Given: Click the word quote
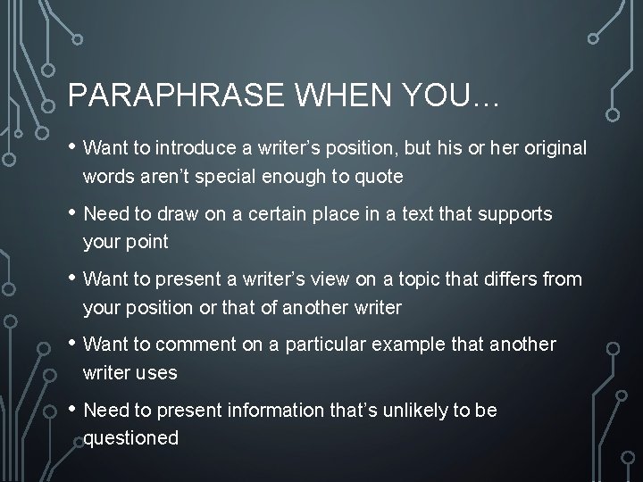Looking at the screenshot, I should point(381,177).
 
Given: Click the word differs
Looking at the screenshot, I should point(511,279).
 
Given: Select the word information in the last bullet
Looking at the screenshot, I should point(281,411).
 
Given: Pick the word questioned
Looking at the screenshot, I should point(131,438).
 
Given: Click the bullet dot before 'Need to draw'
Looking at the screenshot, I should point(71,213).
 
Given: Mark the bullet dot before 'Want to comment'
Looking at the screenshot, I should point(71,344).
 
